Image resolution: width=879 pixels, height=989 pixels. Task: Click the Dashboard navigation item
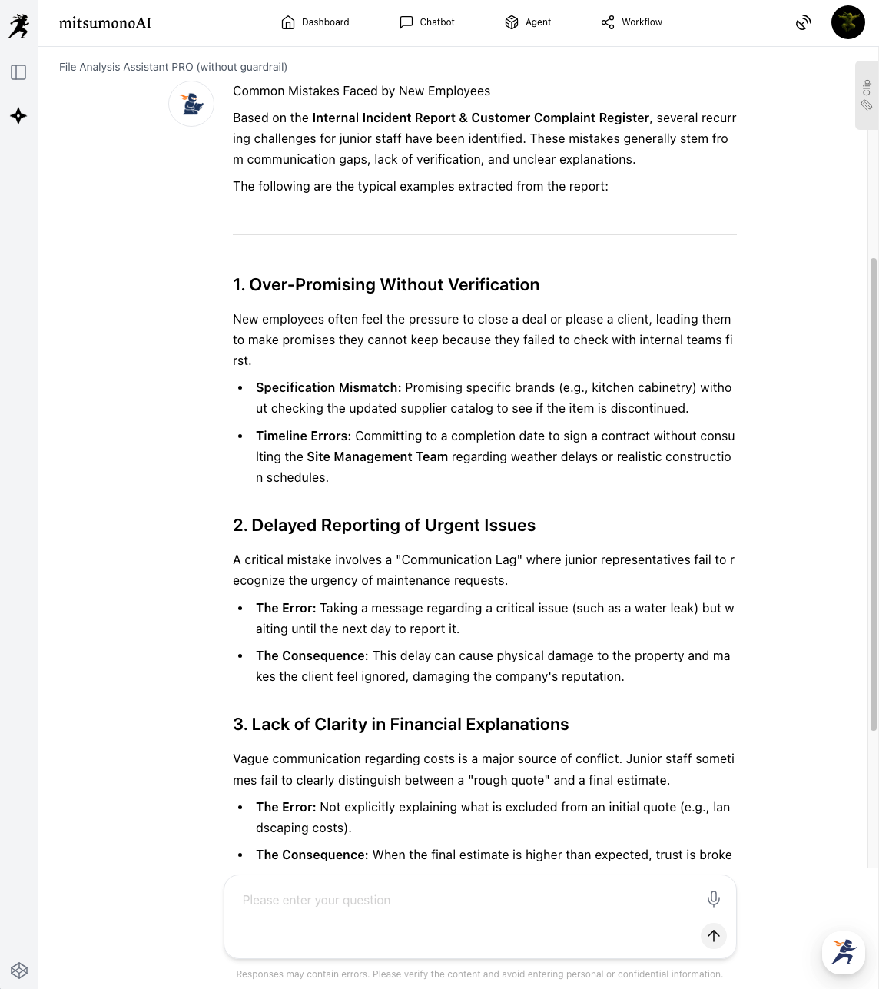315,22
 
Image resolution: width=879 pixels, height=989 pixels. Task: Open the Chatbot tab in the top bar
427,22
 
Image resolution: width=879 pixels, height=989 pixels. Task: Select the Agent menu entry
528,22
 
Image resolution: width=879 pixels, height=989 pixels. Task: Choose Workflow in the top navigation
632,22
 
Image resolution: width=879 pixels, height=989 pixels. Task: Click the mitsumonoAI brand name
105,23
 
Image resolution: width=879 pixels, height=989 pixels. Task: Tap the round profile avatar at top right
847,22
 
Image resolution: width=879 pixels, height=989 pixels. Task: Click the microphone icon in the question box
713,898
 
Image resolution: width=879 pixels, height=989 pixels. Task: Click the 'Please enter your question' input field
461,901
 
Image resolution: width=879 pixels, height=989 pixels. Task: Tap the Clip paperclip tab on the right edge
867,95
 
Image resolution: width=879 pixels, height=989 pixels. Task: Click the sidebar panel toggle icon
18,72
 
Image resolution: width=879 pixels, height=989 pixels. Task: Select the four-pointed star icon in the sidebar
18,116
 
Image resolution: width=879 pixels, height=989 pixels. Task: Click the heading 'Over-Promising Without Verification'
386,285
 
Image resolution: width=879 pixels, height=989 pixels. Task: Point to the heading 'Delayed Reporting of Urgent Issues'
384,526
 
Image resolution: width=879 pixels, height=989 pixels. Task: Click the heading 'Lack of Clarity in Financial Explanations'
400,725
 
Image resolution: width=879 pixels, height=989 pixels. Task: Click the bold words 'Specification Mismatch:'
328,388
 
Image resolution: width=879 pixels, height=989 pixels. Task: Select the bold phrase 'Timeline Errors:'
303,436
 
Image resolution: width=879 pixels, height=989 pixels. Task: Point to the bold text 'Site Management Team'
376,457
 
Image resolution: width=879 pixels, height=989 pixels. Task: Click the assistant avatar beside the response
191,104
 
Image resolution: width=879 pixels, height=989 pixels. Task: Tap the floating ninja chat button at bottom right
843,952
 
